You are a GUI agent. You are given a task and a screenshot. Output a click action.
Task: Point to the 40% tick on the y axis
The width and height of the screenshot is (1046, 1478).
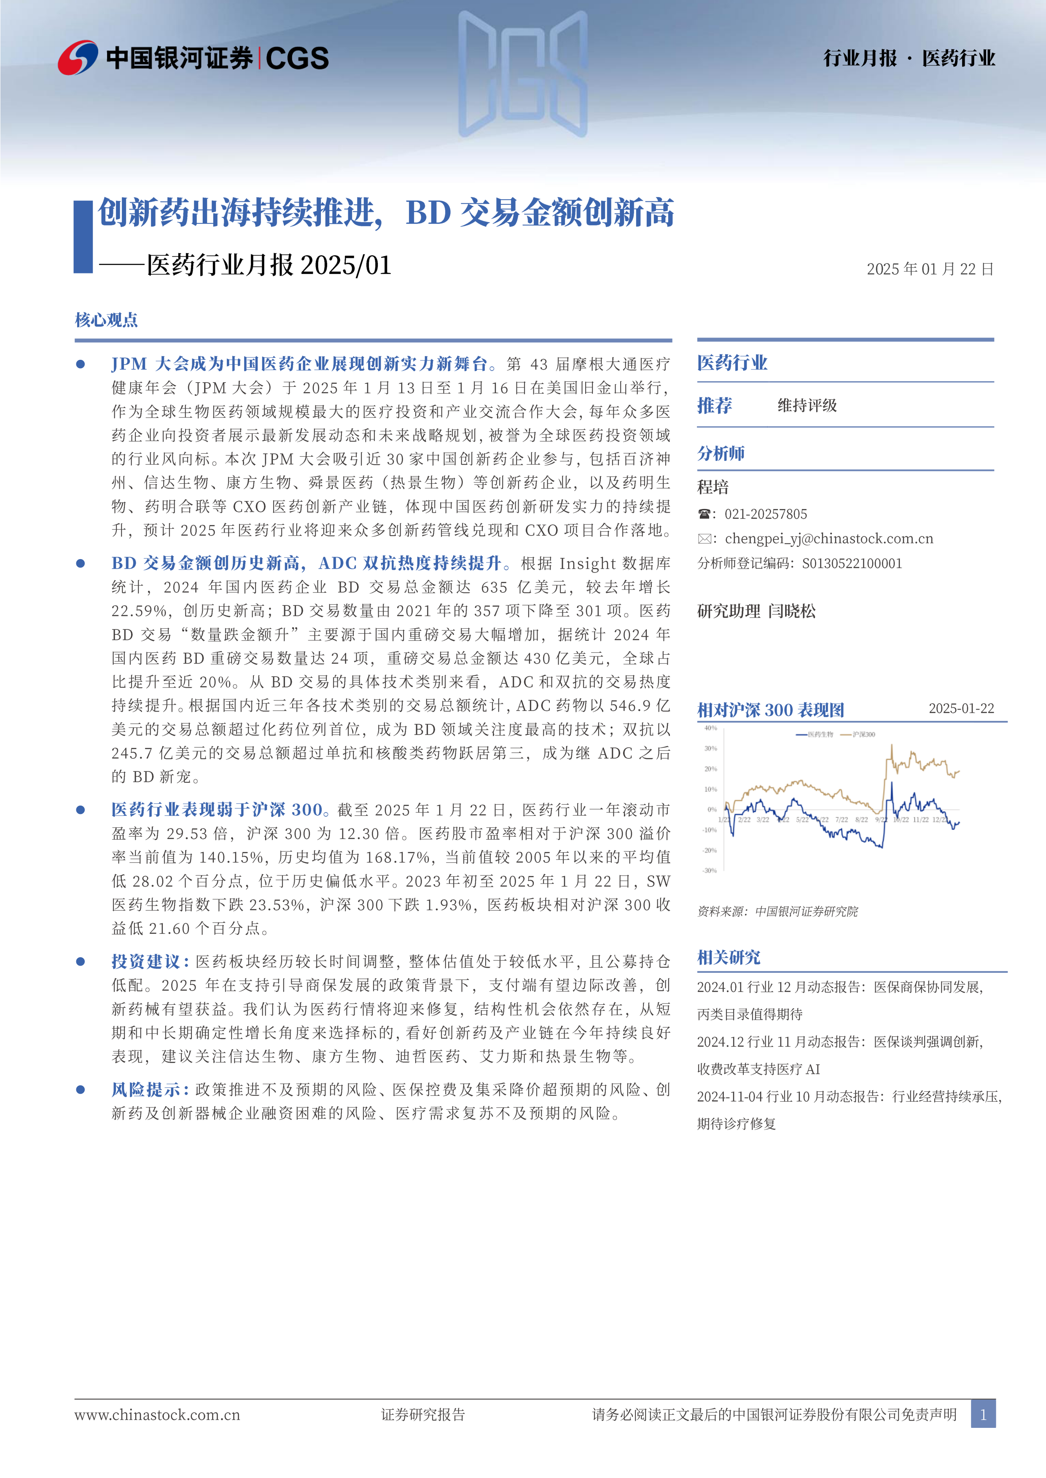click(x=710, y=728)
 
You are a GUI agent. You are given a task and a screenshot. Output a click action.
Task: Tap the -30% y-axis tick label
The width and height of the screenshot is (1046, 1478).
click(x=710, y=870)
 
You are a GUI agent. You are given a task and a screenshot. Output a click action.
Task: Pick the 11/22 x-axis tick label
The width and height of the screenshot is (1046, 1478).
click(x=920, y=819)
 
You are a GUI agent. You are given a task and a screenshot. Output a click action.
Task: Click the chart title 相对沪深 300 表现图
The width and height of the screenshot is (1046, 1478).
click(x=770, y=710)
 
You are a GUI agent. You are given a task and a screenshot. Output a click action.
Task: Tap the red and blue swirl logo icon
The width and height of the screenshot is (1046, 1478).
click(x=78, y=58)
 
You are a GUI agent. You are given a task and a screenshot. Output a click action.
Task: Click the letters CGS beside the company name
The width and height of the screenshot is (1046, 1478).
click(x=297, y=59)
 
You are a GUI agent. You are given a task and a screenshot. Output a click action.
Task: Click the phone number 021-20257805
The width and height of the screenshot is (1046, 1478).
click(x=765, y=514)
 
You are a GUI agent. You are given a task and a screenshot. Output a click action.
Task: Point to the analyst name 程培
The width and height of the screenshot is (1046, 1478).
click(x=713, y=487)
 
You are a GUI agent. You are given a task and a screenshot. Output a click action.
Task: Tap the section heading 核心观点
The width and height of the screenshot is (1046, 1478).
click(x=106, y=320)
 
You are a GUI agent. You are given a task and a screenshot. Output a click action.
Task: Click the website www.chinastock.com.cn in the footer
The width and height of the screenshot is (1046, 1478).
click(x=157, y=1414)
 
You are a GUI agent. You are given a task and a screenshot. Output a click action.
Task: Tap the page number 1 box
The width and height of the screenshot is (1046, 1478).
click(x=983, y=1414)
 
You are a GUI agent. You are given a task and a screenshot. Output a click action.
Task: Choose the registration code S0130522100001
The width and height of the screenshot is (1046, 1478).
click(x=852, y=563)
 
